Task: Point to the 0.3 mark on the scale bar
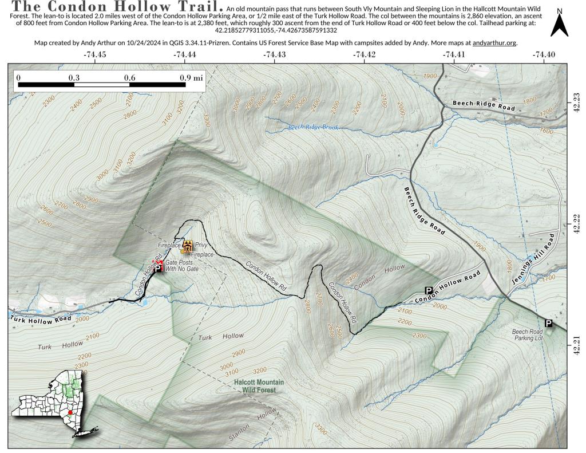[74, 77]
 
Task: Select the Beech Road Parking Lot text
[527, 335]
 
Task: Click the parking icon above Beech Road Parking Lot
[549, 324]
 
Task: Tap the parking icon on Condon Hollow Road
[428, 291]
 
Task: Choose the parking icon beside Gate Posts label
[159, 267]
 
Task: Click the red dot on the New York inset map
[70, 412]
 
